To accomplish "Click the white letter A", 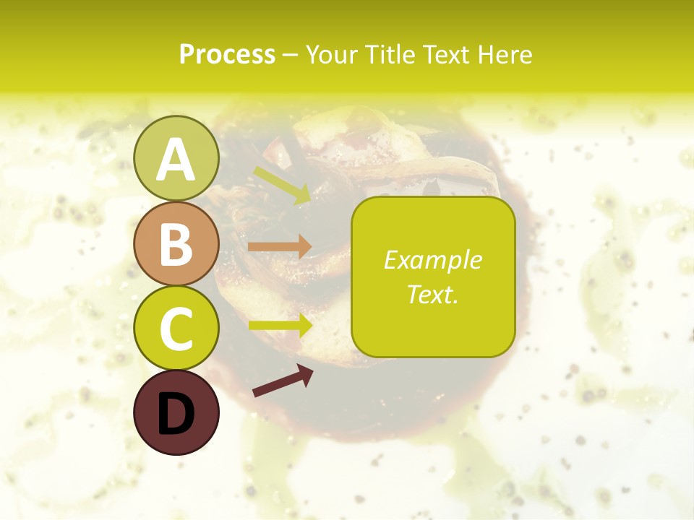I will point(176,159).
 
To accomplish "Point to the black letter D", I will point(176,414).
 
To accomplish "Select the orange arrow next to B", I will point(280,247).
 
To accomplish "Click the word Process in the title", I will point(227,54).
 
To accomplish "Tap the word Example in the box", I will point(432,260).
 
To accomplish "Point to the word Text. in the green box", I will point(432,294).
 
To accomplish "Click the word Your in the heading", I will point(330,54).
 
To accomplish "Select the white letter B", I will point(176,244).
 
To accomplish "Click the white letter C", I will point(176,329).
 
